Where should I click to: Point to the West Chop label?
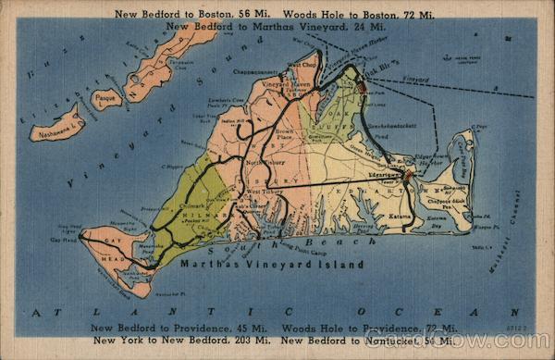(302, 65)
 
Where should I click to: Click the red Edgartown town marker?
(408, 172)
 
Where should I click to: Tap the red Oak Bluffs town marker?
(363, 87)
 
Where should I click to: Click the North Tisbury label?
(265, 161)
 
